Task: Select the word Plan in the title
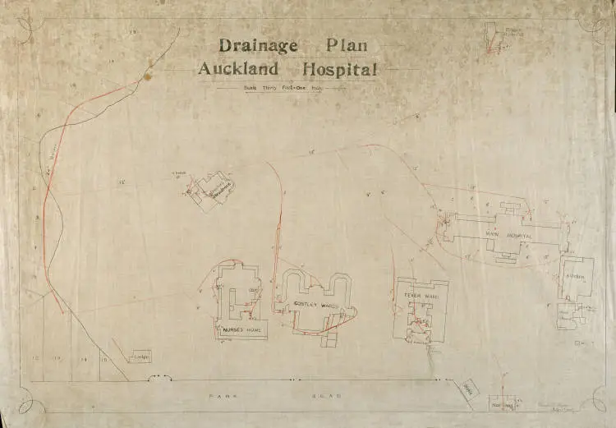tap(347, 46)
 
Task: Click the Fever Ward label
tap(417, 292)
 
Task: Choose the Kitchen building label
tap(574, 278)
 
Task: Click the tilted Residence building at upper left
tap(210, 191)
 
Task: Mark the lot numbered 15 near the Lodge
tap(103, 360)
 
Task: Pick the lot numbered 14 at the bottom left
tap(83, 360)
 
